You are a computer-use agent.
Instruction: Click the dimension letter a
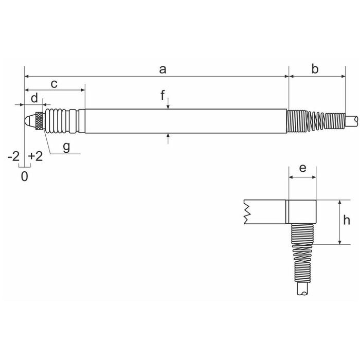(163, 69)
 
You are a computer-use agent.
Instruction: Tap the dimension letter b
(315, 69)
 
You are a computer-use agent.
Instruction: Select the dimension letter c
(54, 84)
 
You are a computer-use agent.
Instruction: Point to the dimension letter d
(34, 98)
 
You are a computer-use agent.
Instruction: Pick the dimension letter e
(302, 168)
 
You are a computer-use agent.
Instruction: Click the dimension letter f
(163, 95)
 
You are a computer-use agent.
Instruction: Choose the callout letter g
(66, 147)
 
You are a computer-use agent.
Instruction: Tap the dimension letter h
(347, 220)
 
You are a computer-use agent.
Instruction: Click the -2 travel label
(14, 156)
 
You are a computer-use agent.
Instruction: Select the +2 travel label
(35, 156)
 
